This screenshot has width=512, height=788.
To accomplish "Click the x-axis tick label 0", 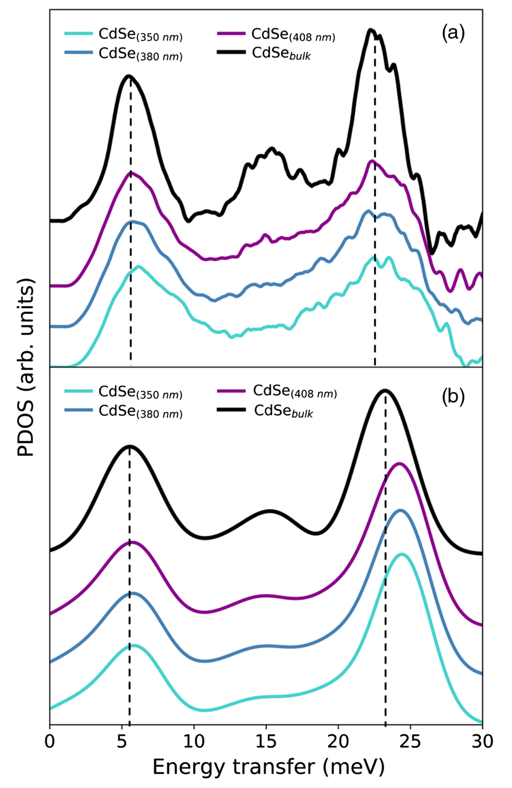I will pos(50,741).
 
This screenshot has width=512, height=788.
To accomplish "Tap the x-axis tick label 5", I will pos(122,741).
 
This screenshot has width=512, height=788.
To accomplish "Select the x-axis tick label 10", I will pos(194,741).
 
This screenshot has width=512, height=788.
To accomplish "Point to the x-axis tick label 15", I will pos(266,741).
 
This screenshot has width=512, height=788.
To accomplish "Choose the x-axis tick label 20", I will pos(338,741).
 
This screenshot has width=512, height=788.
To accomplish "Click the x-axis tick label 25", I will pos(410,741).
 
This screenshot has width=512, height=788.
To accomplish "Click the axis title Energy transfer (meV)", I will pos(268,767).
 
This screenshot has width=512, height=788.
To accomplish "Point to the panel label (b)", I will pos(453,396).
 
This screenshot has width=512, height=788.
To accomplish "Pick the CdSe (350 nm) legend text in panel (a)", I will pos(140,34).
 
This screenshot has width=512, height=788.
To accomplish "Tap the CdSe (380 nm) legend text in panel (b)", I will pos(140,411).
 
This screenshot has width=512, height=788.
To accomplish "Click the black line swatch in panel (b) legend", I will pos(231,410).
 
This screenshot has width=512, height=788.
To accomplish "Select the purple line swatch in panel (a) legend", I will pos(231,33).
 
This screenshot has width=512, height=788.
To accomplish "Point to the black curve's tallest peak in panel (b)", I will pos(385,390).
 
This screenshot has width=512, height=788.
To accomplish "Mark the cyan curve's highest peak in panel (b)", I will pos(402,554).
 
